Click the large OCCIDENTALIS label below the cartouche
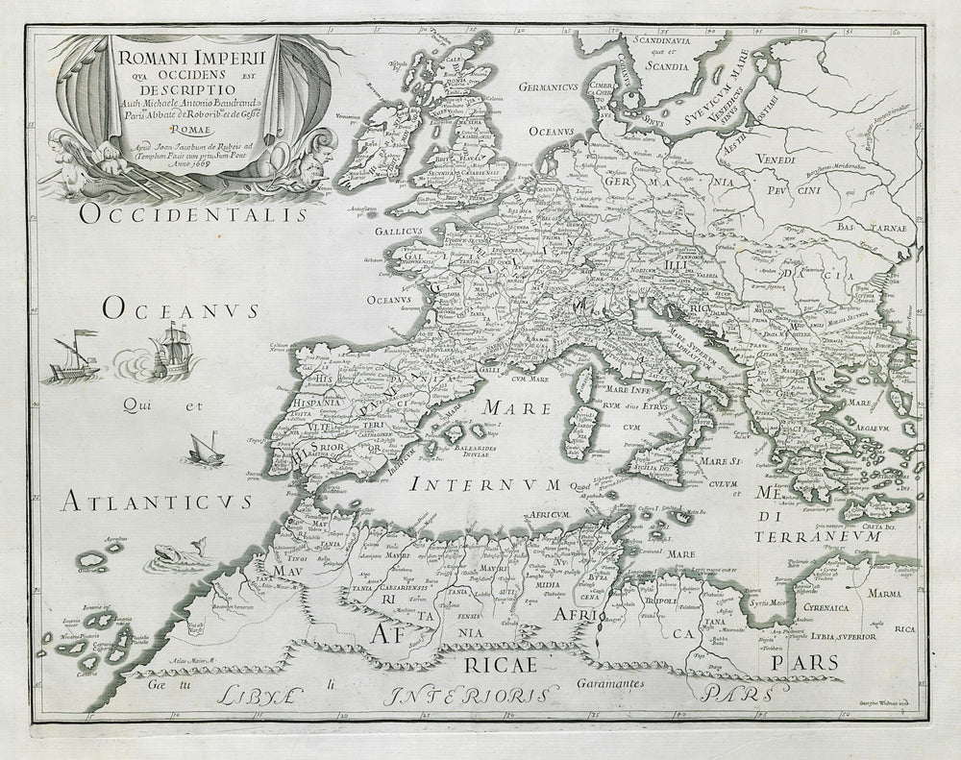(194, 213)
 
